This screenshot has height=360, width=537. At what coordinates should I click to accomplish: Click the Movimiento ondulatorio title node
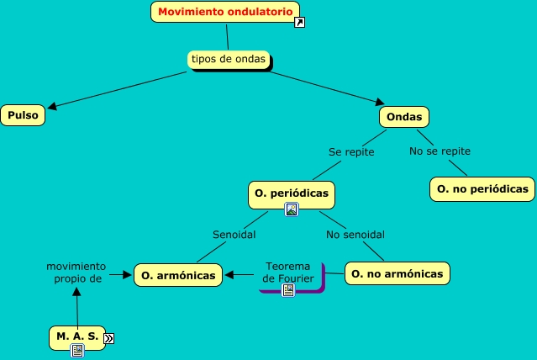pyautogui.click(x=225, y=12)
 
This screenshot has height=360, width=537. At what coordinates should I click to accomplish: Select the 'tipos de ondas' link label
pyautogui.click(x=229, y=59)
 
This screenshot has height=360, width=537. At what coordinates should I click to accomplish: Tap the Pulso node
pyautogui.click(x=24, y=115)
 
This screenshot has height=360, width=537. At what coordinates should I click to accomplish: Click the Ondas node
pyautogui.click(x=404, y=115)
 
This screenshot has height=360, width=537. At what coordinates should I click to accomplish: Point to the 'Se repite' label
pyautogui.click(x=351, y=152)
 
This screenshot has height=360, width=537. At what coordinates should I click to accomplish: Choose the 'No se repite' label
pyautogui.click(x=440, y=151)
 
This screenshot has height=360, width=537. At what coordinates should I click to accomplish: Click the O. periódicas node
pyautogui.click(x=291, y=193)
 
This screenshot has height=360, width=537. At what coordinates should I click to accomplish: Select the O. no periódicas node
pyautogui.click(x=482, y=188)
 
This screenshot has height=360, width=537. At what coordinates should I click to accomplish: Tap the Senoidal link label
pyautogui.click(x=234, y=235)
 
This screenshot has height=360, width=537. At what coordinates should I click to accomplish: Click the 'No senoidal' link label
pyautogui.click(x=361, y=235)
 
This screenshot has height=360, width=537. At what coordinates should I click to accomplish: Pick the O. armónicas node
pyautogui.click(x=179, y=274)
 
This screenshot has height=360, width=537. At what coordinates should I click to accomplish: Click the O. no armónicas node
pyautogui.click(x=397, y=273)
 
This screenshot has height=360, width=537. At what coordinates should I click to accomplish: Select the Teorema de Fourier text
pyautogui.click(x=287, y=272)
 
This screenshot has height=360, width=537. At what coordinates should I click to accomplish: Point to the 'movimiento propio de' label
pyautogui.click(x=76, y=272)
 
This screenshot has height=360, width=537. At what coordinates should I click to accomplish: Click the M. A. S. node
pyautogui.click(x=77, y=336)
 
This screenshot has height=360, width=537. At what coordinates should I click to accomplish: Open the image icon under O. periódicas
pyautogui.click(x=292, y=210)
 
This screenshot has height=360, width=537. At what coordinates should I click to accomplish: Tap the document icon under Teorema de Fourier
pyautogui.click(x=288, y=290)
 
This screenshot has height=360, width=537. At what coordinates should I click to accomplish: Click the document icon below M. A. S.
pyautogui.click(x=77, y=352)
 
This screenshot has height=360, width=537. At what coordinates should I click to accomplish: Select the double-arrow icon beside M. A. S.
pyautogui.click(x=108, y=338)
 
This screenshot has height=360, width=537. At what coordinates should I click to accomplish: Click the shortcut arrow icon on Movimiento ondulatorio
pyautogui.click(x=300, y=23)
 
